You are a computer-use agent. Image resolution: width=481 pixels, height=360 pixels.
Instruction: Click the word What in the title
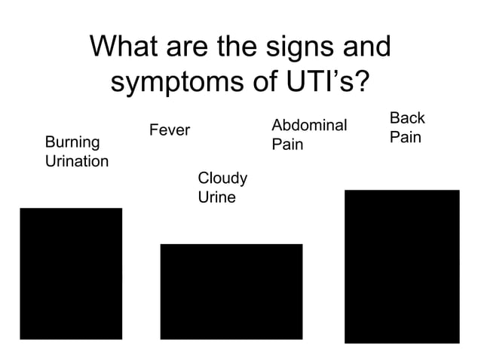pyautogui.click(x=126, y=47)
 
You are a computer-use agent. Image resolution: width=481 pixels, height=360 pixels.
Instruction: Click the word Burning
pyautogui.click(x=72, y=142)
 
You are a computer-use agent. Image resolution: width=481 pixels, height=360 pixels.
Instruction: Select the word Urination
pyautogui.click(x=77, y=161)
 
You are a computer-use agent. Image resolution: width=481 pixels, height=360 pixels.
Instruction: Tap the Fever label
pyautogui.click(x=170, y=131)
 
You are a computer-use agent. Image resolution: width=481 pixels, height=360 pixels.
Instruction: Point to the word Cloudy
pyautogui.click(x=222, y=178)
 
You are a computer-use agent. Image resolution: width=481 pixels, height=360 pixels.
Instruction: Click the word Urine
pyautogui.click(x=216, y=197)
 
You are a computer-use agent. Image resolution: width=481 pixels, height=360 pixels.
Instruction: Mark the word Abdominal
pyautogui.click(x=308, y=125)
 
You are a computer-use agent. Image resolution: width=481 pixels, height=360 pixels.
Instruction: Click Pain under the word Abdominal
pyautogui.click(x=287, y=144)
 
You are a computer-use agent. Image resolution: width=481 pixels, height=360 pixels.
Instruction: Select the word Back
pyautogui.click(x=407, y=118)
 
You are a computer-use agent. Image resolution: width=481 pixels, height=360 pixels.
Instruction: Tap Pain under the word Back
pyautogui.click(x=406, y=139)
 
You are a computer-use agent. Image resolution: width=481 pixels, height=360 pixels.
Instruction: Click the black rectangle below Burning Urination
pyautogui.click(x=71, y=273)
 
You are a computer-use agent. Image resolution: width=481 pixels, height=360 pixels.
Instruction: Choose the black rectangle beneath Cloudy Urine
pyautogui.click(x=231, y=291)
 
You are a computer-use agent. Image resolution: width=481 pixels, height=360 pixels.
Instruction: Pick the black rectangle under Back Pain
pyautogui.click(x=402, y=266)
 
